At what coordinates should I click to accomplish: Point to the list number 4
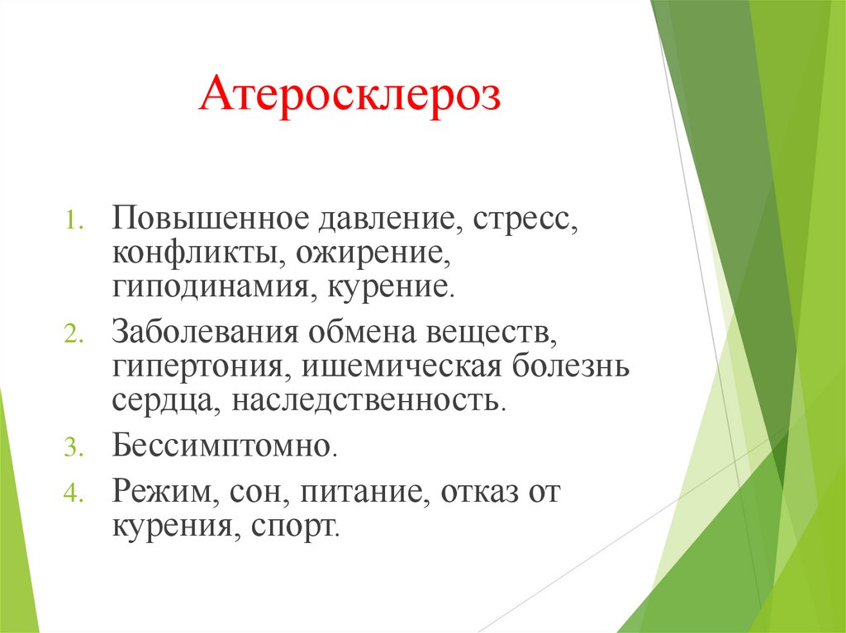point(72,494)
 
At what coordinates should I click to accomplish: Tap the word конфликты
point(196,253)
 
